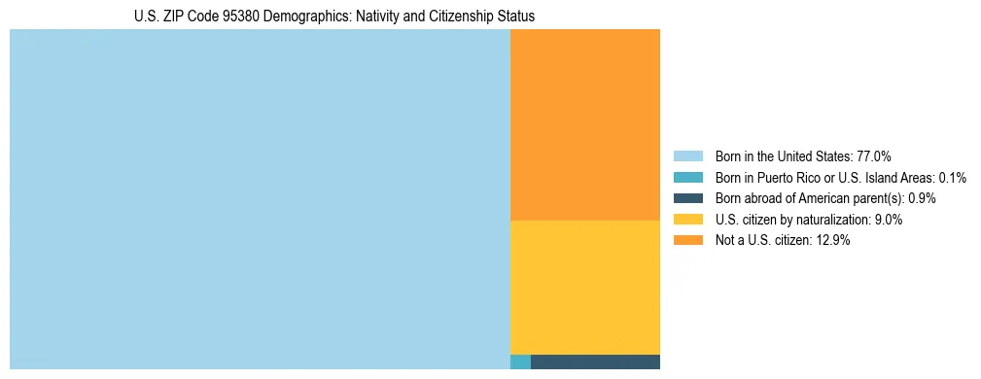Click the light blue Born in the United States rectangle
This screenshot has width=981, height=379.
pos(260,199)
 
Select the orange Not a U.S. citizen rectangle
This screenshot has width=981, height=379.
pos(584,124)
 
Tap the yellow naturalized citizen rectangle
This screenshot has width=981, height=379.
pos(584,287)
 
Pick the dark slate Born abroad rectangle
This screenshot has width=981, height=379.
pos(595,362)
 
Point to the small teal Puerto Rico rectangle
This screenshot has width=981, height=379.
pos(520,362)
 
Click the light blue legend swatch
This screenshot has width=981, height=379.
pos(687,155)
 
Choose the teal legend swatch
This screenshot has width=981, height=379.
pos(687,177)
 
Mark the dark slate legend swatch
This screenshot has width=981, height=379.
pos(687,198)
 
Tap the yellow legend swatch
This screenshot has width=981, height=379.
pos(687,220)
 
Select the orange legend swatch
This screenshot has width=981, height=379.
pos(687,240)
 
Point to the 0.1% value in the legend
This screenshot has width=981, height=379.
pos(953,177)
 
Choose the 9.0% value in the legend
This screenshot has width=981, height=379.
pos(888,220)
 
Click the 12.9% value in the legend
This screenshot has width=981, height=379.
pos(833,240)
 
